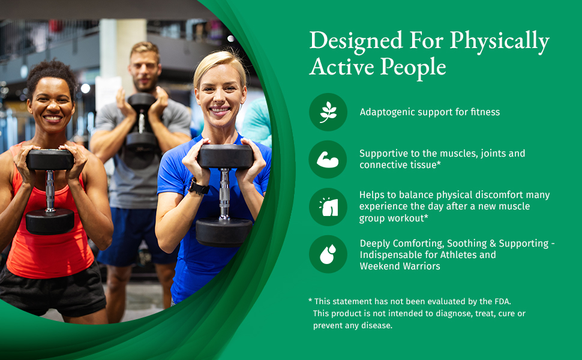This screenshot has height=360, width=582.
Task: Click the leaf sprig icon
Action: coord(328,112)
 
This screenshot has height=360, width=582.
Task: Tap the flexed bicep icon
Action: coord(328,160)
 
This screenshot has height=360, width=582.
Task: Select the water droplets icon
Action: coord(328,254)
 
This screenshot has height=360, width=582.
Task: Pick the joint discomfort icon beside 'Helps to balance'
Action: coord(328,207)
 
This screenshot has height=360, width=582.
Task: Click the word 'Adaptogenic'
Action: coord(387,112)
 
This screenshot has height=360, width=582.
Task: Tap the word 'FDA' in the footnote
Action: coord(503,301)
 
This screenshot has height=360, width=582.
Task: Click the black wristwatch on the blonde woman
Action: coord(197,187)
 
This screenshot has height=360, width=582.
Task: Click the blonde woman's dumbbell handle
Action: coord(224,193)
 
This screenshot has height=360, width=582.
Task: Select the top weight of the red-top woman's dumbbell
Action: coord(50,160)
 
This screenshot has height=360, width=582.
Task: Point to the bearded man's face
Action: coord(145,71)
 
